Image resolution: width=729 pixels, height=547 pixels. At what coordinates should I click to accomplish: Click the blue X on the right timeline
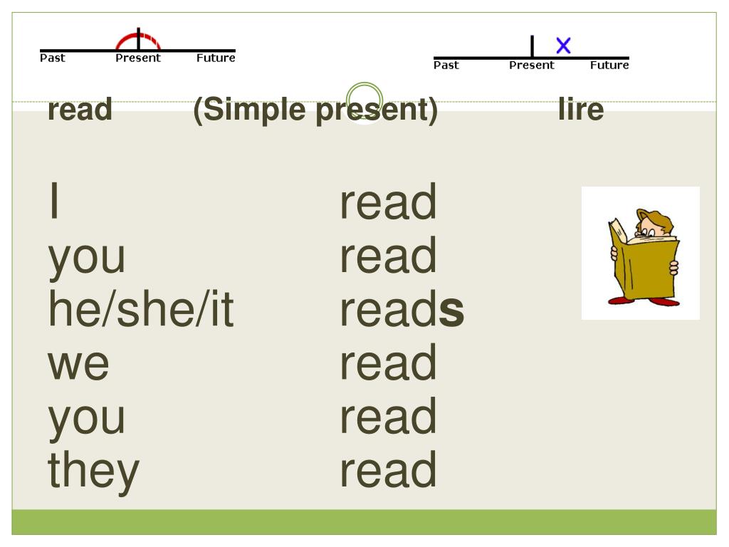click(563, 46)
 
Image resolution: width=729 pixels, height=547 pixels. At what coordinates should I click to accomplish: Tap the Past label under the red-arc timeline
click(52, 58)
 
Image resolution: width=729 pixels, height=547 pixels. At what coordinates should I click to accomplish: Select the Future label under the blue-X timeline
click(609, 66)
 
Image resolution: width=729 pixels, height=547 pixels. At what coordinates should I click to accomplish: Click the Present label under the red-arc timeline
click(138, 58)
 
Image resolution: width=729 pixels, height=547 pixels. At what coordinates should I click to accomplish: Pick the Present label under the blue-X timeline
click(531, 66)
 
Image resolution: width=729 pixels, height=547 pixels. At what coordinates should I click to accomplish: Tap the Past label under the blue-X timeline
click(446, 66)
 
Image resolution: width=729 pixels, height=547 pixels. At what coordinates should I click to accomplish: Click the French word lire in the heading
click(581, 110)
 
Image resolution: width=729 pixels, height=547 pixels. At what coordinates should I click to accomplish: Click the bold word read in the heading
click(80, 110)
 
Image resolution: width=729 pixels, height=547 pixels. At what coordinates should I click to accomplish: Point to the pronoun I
click(54, 202)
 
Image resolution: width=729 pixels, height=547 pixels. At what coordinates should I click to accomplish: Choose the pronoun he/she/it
click(141, 311)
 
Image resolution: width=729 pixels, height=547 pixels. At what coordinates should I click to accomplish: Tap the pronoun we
click(78, 363)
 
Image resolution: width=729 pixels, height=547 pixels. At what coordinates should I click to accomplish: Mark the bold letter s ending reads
click(451, 312)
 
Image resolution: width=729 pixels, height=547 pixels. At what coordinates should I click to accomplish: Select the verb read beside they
click(388, 470)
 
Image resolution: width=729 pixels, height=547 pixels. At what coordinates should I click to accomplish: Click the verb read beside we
click(388, 363)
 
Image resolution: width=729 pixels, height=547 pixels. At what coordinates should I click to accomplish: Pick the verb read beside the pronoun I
click(388, 202)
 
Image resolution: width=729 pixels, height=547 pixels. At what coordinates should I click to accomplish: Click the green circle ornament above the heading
click(364, 100)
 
